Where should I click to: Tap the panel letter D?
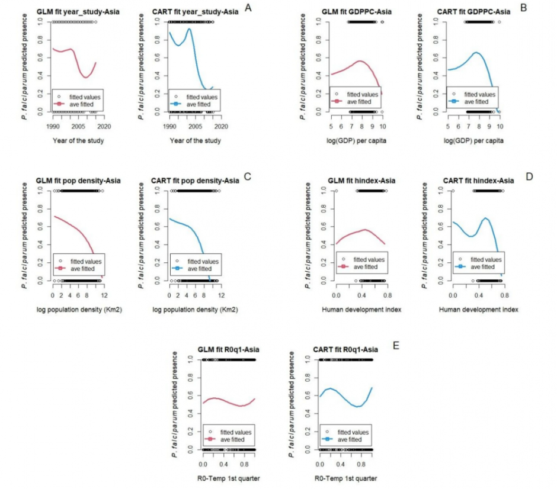point(530,176)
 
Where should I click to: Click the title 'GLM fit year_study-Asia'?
point(76,11)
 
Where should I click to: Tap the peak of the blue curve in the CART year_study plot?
point(189,29)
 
